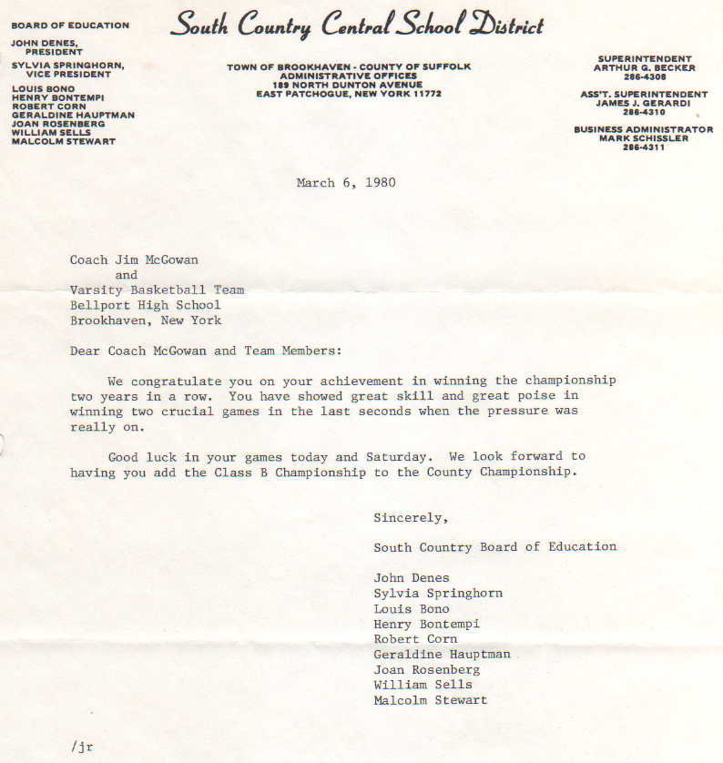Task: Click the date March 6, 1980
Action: [346, 183]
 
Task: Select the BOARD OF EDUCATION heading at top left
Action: [70, 25]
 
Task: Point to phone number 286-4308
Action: [644, 76]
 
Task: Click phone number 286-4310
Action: [644, 112]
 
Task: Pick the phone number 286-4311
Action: [644, 148]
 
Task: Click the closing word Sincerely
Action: [410, 518]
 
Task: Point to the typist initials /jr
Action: [82, 747]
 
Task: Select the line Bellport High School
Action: [146, 306]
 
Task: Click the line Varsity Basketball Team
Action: [158, 290]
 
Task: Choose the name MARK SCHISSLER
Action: [644, 138]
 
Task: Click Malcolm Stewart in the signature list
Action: [430, 700]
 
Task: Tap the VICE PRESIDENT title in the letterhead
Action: [73, 74]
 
